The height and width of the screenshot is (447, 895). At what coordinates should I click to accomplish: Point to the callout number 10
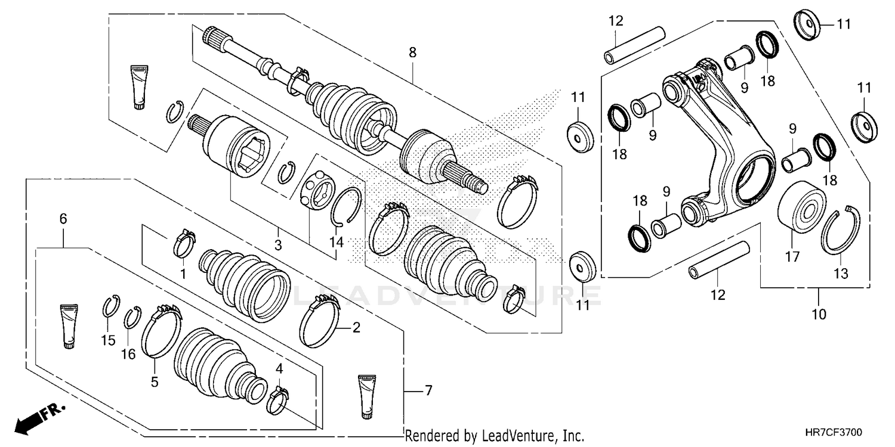819,314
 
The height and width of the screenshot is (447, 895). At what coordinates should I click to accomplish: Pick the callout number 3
279,245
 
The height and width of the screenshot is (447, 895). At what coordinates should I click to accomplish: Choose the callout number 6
63,219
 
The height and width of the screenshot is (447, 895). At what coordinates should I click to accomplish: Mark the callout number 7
427,391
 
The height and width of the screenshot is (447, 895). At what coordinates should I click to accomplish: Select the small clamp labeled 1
183,244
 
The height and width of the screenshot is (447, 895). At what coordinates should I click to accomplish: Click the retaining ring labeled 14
347,206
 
